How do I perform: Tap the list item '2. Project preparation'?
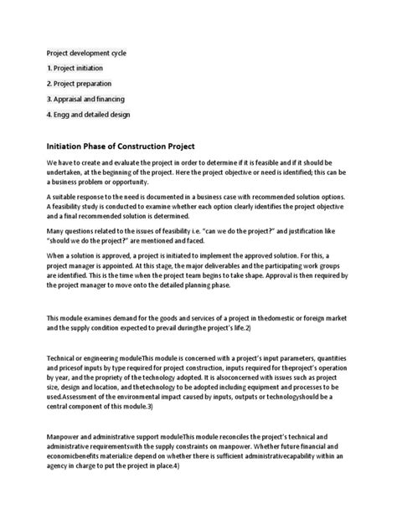81,84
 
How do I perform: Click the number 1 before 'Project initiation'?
49,69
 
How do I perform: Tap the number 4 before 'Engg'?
49,114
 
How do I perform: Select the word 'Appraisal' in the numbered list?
75,99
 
